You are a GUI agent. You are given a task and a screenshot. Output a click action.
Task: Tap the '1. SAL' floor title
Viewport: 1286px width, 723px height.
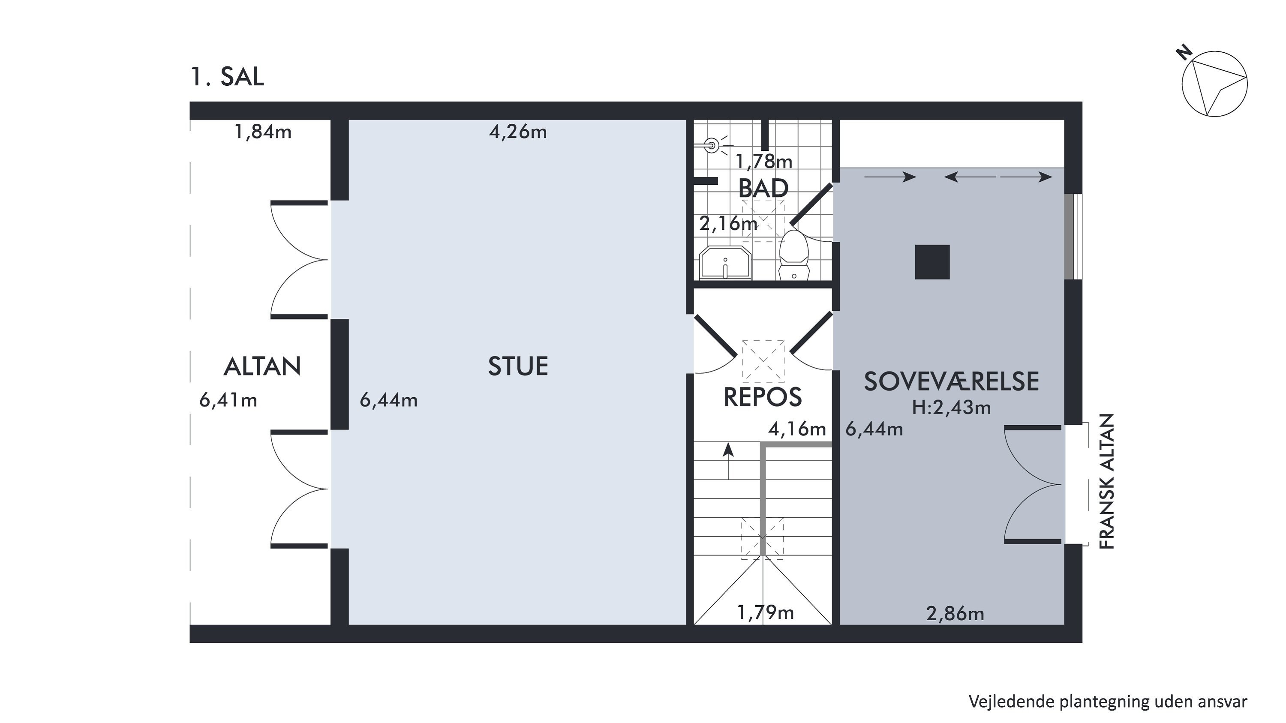point(227,77)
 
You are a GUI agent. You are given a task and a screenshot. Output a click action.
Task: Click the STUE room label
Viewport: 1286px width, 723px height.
point(518,366)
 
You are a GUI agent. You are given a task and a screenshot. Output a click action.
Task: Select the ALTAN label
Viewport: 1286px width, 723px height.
point(262,366)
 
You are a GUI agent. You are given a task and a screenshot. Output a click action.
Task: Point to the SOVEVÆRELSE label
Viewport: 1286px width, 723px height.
point(952,382)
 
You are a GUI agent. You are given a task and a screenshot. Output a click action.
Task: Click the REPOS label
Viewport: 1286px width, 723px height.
point(763,397)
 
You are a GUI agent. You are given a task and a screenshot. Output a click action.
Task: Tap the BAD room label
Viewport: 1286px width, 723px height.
point(763,189)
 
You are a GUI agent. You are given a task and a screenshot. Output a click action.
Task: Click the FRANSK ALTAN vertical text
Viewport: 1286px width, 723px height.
point(1107,482)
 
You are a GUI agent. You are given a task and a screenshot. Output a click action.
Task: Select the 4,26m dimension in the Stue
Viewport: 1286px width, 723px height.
point(518,132)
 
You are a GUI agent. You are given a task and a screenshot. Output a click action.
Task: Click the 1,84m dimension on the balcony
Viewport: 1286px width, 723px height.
point(263,132)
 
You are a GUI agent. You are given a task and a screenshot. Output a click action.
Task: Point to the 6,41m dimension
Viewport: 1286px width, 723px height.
point(228,400)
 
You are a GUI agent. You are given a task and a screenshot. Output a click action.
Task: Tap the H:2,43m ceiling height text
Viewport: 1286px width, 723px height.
point(952,408)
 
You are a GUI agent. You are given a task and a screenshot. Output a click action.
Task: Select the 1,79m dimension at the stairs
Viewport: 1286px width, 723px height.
point(765,612)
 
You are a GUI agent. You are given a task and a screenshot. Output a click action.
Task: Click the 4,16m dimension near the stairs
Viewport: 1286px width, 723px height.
point(797,429)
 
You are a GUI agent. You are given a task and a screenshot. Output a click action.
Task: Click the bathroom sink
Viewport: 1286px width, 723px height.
point(725,262)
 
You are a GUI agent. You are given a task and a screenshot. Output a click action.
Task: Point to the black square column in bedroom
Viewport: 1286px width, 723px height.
point(932,262)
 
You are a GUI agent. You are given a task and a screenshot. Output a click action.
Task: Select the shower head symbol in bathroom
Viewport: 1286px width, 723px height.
point(711,146)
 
